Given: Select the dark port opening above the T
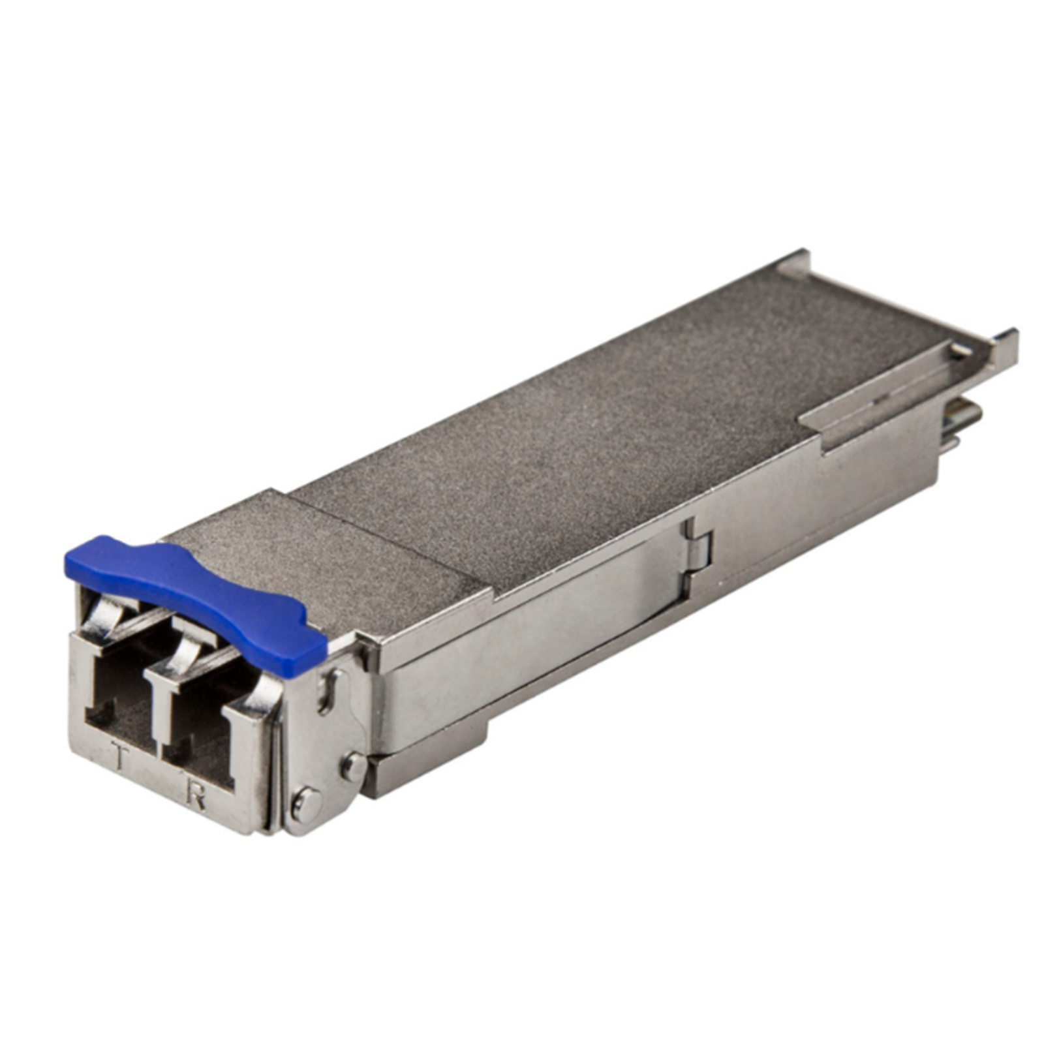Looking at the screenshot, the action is click(x=121, y=698).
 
